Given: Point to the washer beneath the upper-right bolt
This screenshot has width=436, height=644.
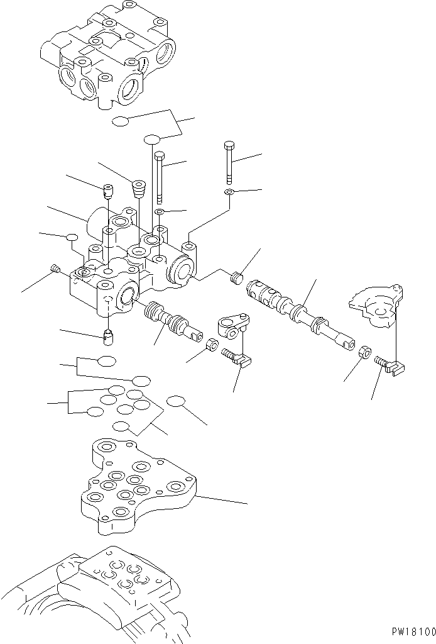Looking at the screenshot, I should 230,192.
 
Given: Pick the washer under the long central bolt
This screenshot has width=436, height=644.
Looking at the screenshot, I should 160,212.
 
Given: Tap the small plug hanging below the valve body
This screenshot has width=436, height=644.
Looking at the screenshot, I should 109,337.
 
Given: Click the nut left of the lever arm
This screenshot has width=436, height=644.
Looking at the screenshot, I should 212,345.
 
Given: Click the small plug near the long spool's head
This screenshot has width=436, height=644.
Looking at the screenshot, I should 237,277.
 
